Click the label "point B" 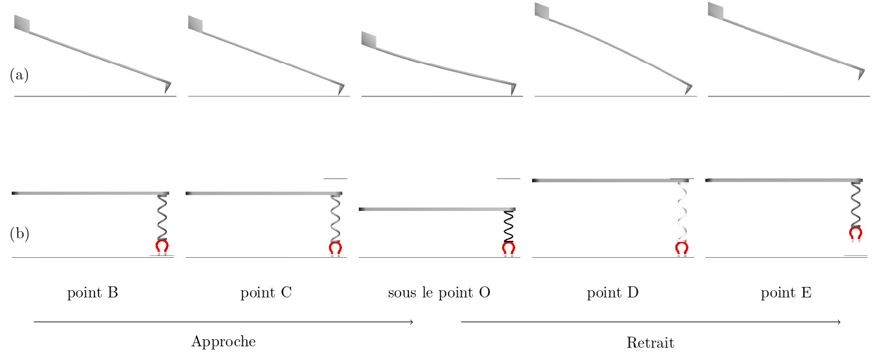92,293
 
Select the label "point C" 266,293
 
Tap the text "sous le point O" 439,293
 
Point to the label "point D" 612,293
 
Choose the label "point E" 786,293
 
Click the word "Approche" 223,342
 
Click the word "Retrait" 650,342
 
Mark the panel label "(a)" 19,75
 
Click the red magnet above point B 162,247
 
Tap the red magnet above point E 856,233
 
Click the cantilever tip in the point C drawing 340,89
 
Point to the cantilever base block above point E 716,10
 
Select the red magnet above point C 335,247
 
